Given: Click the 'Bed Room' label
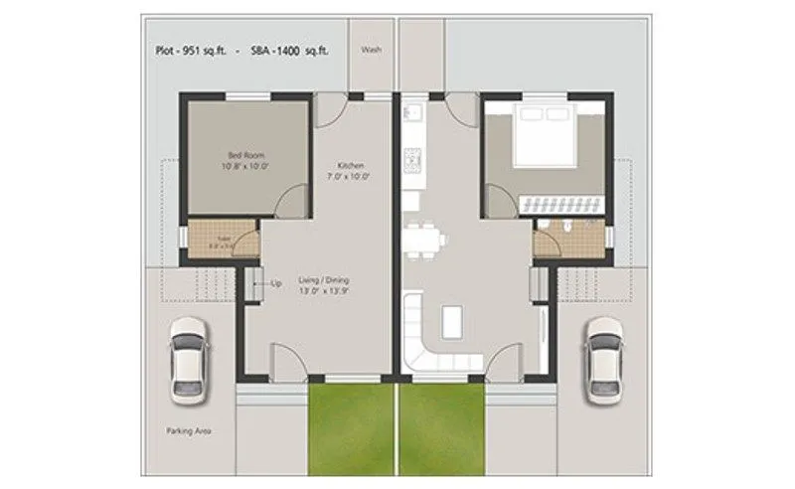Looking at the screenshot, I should coord(244,156).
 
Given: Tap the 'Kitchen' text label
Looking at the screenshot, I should coord(352,165).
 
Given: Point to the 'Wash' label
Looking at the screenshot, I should coord(372,49).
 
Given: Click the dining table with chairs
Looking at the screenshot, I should coord(425,240).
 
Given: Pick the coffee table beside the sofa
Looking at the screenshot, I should coord(452,319).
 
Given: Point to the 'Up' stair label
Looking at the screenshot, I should coord(276,283).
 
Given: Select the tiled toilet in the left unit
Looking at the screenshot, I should coord(221,240).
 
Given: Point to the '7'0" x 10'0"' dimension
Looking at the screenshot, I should coord(352,176).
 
